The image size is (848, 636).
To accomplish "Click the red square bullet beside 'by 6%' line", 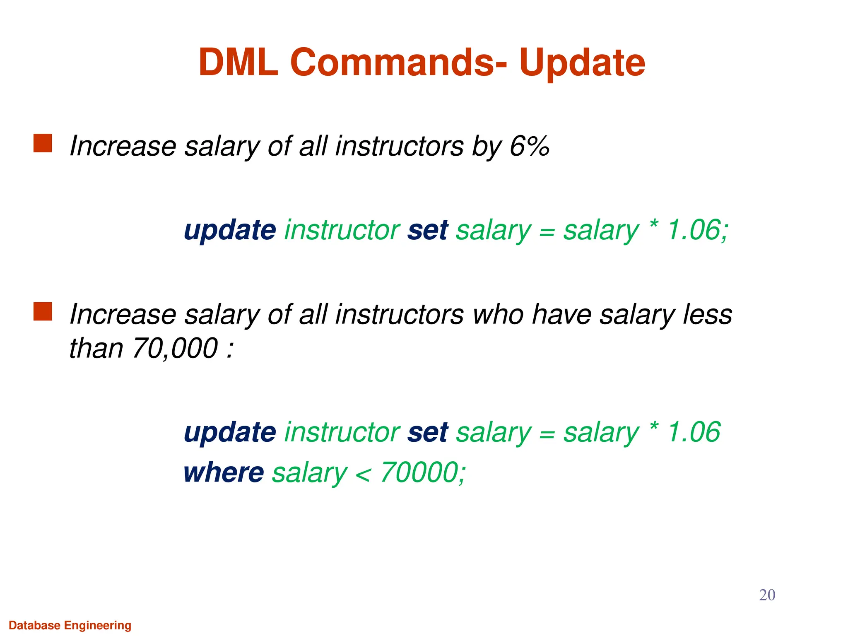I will coord(43,143).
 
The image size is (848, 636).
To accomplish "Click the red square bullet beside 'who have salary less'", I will coord(43,311).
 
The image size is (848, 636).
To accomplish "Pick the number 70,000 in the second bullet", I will coord(175,348).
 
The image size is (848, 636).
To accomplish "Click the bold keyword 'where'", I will coord(224,472).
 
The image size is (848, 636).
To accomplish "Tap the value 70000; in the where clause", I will coord(423,472).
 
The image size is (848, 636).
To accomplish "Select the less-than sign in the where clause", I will coord(363,475).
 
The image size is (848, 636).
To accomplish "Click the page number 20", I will coord(767,595).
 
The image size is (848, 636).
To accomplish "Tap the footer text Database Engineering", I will coord(70,625).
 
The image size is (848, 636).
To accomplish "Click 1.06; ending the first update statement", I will coord(698,230).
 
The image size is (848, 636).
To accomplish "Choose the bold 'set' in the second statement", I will coord(427,432).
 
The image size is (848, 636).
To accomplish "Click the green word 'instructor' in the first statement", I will coord(342,230).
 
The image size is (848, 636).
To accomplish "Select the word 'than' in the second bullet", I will coord(96,348).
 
